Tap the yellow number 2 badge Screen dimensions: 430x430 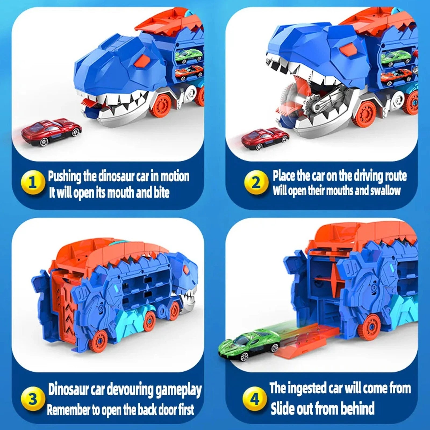tap(256, 183)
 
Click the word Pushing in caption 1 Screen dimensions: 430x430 tap(64, 177)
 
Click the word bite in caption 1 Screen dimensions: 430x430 tap(162, 192)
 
